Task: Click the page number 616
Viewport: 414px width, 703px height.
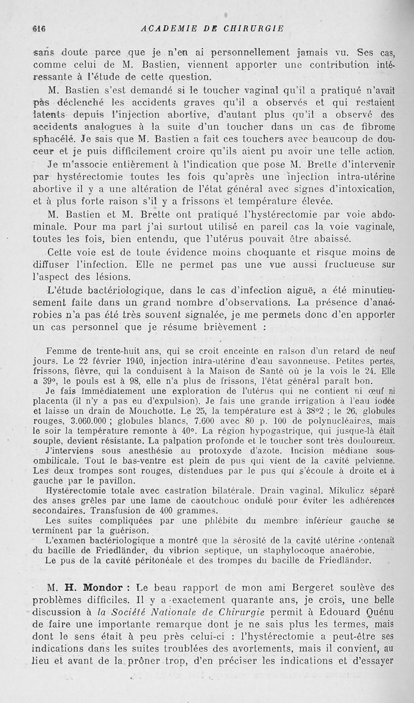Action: coord(39,29)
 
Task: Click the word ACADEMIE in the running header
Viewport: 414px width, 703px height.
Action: coord(165,29)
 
